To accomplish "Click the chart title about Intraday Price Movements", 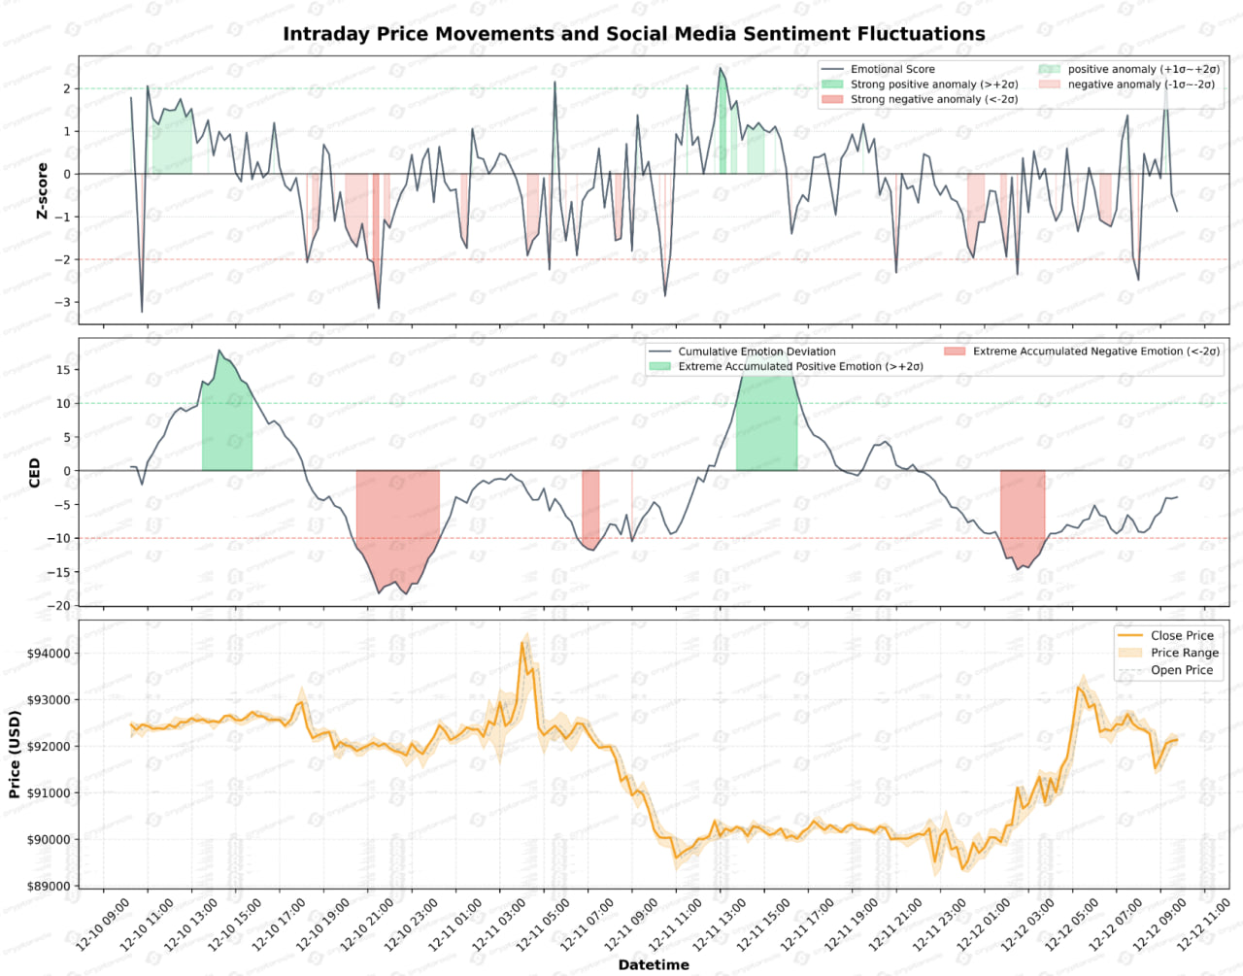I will [633, 34].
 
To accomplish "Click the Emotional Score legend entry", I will [891, 69].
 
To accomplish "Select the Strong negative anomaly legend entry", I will [933, 99].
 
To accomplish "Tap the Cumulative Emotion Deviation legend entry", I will [756, 352].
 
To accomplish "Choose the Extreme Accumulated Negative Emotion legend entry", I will [1095, 352].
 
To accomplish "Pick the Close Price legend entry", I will [1181, 635].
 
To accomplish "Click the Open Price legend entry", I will [1181, 670].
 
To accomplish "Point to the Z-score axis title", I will [42, 190].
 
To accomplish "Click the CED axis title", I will [35, 473].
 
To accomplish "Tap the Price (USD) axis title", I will [15, 755].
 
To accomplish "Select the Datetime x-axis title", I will [654, 964].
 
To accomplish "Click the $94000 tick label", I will [49, 654].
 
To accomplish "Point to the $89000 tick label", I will [49, 886].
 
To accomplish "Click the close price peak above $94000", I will [521, 643].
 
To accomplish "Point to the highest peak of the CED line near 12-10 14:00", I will [219, 351].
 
